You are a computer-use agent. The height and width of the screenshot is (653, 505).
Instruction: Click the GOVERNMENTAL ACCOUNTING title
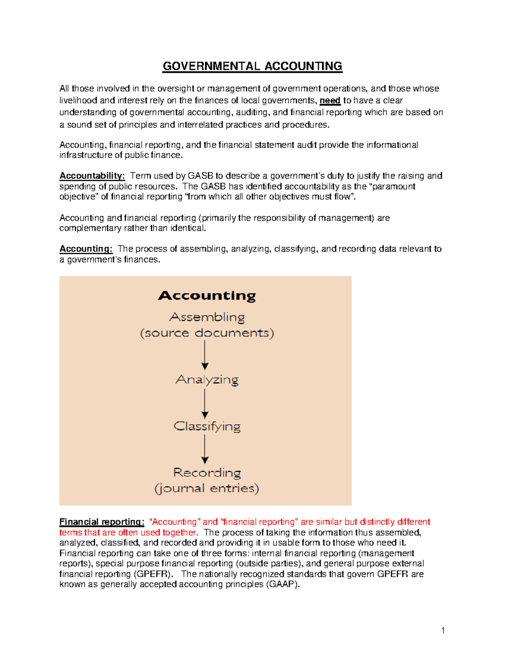(x=252, y=66)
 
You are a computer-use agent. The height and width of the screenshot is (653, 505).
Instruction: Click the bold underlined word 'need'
(x=330, y=100)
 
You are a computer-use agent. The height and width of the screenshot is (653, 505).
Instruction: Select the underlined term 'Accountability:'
(x=92, y=176)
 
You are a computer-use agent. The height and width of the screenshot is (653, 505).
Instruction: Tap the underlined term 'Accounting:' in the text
(x=86, y=249)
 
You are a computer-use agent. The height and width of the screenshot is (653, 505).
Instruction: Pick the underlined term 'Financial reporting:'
(x=102, y=522)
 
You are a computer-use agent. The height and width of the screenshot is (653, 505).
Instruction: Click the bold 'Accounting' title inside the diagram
(x=207, y=296)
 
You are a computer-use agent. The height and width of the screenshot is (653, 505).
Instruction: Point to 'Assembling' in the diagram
(x=207, y=317)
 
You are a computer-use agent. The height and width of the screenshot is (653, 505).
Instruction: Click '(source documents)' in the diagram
(x=207, y=333)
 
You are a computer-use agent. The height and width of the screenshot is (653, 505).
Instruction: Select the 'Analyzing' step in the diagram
(x=207, y=380)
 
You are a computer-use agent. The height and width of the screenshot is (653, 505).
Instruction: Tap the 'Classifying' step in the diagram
(x=207, y=426)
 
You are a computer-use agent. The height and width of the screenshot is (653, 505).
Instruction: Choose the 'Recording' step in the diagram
(x=207, y=473)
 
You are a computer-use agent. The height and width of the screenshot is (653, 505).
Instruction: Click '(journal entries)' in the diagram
(x=207, y=488)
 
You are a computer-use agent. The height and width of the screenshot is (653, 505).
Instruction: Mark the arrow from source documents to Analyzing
(x=205, y=355)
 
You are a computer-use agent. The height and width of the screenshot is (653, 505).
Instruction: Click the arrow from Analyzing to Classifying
(x=205, y=403)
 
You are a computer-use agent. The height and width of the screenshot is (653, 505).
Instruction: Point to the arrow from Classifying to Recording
(x=205, y=449)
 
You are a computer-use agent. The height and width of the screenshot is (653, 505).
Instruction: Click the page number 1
(x=443, y=630)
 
